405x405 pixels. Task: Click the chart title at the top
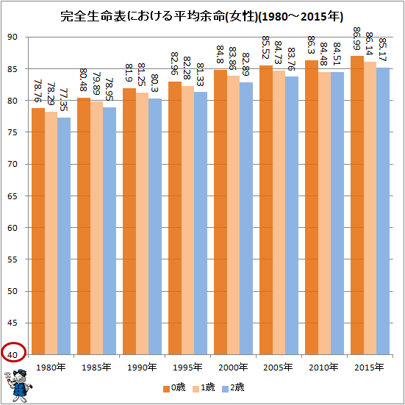(202, 15)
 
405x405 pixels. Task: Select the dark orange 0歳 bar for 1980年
(38, 232)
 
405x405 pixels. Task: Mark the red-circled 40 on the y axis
(14, 354)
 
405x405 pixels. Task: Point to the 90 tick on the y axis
(14, 37)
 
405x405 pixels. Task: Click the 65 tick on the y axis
(14, 196)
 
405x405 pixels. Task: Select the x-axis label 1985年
(97, 367)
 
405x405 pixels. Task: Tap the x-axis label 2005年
(276, 367)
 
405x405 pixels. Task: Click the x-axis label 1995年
(187, 367)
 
